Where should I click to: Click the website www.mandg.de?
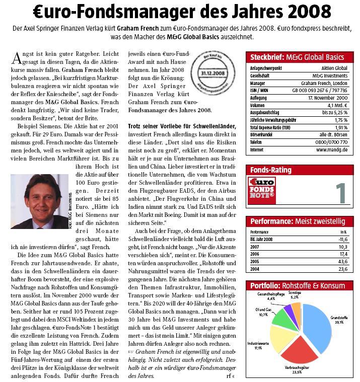tap(333, 150)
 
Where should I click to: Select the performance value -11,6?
tap(343, 240)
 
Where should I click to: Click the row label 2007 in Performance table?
tap(255, 247)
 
